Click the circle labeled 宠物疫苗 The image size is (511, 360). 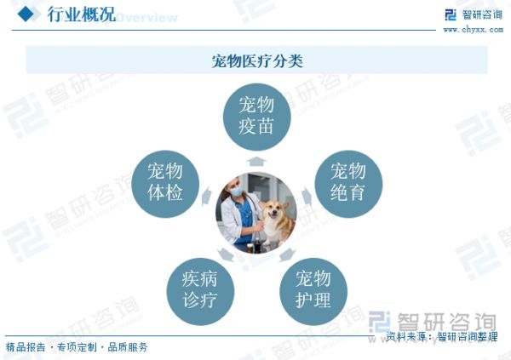(257, 117)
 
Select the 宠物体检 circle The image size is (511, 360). (165, 184)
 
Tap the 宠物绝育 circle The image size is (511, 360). (348, 184)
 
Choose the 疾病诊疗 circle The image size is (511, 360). (200, 291)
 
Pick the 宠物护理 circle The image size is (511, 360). (313, 291)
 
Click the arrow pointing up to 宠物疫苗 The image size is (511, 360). (256, 162)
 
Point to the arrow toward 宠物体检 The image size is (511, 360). (206, 196)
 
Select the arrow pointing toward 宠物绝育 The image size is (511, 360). (307, 196)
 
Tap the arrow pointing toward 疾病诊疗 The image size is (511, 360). (226, 254)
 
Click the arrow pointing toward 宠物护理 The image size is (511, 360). (288, 254)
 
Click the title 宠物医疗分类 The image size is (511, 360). (257, 61)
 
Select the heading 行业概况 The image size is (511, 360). (82, 14)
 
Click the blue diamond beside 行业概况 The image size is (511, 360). (26, 14)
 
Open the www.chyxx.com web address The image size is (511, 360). (474, 30)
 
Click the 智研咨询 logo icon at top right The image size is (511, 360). (451, 14)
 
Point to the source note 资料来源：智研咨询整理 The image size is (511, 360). (442, 336)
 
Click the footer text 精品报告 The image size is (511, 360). (26, 347)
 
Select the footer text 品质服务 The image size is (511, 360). (128, 347)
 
